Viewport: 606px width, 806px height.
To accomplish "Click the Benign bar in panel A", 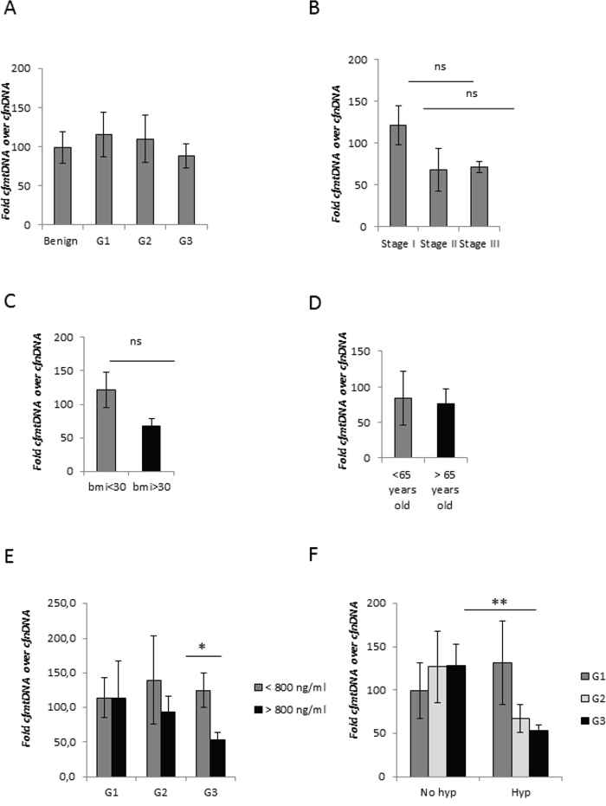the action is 62,186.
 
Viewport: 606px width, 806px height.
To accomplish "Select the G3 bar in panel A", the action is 186,190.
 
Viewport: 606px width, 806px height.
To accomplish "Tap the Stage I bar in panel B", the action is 398,176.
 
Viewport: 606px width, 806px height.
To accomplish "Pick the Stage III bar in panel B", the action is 480,197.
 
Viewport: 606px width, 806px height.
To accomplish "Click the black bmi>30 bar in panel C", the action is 151,448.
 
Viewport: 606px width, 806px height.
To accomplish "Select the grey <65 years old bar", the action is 403,429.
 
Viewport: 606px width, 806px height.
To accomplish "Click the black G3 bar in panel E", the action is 218,758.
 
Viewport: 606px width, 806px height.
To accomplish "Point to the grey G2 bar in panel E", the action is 154,729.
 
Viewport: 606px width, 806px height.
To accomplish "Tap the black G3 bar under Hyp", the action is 538,753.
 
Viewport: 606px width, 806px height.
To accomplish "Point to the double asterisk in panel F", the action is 500,602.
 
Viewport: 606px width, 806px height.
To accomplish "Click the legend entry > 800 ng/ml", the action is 290,710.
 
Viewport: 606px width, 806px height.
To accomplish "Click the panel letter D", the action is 314,303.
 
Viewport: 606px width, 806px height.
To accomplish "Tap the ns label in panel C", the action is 136,342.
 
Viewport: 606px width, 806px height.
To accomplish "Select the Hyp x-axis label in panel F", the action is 520,793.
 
